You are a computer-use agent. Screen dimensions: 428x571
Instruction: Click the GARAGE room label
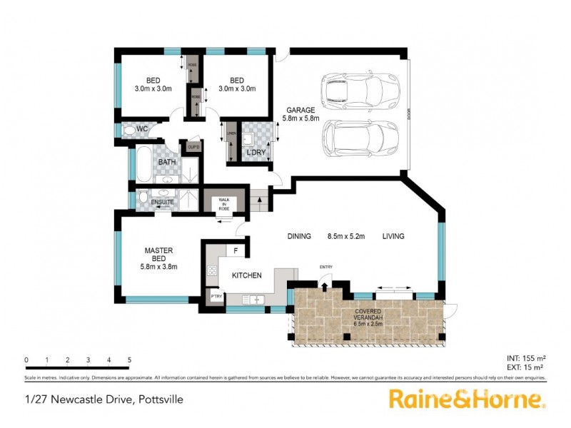(x=300, y=110)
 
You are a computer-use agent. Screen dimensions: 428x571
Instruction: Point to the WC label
(x=141, y=129)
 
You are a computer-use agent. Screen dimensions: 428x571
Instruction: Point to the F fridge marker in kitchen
(x=236, y=251)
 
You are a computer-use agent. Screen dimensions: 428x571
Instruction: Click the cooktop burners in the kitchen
(x=211, y=270)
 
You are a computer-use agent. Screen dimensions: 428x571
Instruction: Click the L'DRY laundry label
(x=255, y=153)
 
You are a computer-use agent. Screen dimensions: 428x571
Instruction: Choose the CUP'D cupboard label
(x=193, y=147)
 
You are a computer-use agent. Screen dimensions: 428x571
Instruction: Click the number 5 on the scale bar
(x=129, y=360)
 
